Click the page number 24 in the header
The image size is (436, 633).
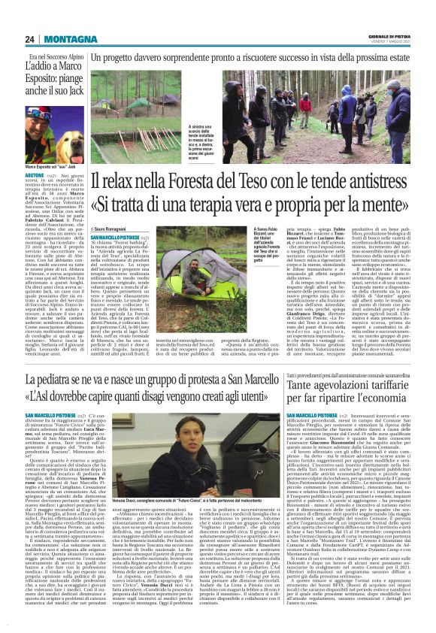pos(29,39)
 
